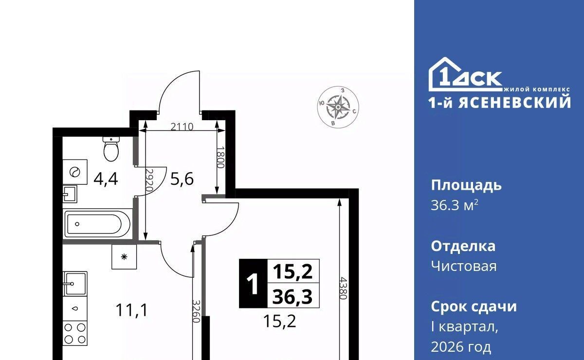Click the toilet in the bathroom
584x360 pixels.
(111, 149)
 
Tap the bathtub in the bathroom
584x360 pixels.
(97, 224)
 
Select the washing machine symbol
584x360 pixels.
(75, 172)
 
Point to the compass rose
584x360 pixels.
(338, 107)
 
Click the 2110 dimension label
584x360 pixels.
(182, 127)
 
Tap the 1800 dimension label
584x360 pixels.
(220, 157)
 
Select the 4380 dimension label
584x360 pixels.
(344, 288)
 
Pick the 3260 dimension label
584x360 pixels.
(196, 311)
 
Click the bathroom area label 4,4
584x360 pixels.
(106, 180)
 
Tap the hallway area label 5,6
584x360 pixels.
(182, 180)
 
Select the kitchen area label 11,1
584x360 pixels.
(132, 310)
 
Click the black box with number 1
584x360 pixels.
(253, 284)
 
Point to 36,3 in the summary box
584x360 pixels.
(292, 297)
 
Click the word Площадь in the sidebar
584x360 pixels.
(466, 186)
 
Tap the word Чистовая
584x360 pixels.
(464, 267)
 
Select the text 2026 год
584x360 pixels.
(461, 347)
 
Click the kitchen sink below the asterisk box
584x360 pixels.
(75, 283)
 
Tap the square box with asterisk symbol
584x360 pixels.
(124, 257)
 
